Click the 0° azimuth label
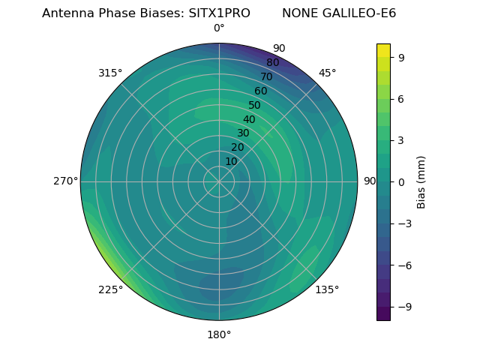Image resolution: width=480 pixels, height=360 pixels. pyautogui.click(x=219, y=28)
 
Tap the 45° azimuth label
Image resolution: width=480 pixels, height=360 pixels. pyautogui.click(x=327, y=73)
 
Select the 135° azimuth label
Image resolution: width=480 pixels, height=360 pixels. pyautogui.click(x=327, y=289)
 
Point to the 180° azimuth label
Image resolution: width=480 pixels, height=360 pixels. pyautogui.click(x=219, y=334)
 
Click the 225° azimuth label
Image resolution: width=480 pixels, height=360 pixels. pyautogui.click(x=110, y=289)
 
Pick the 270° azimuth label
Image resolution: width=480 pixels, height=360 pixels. pyautogui.click(x=65, y=181)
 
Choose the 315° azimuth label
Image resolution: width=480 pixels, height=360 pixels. pyautogui.click(x=110, y=73)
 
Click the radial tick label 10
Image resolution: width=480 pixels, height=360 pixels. pyautogui.click(x=231, y=162)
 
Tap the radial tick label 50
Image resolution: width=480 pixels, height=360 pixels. pyautogui.click(x=254, y=105)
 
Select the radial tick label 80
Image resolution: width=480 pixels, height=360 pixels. pyautogui.click(x=272, y=62)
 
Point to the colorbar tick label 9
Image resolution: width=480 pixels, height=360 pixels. pyautogui.click(x=402, y=57)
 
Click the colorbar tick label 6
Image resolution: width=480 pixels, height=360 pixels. pyautogui.click(x=402, y=98)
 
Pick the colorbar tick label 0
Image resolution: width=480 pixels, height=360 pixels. pyautogui.click(x=402, y=181)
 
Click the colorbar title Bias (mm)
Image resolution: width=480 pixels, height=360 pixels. pyautogui.click(x=421, y=181)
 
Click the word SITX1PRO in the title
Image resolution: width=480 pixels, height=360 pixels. pyautogui.click(x=220, y=13)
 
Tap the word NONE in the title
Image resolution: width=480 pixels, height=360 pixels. pyautogui.click(x=298, y=13)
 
